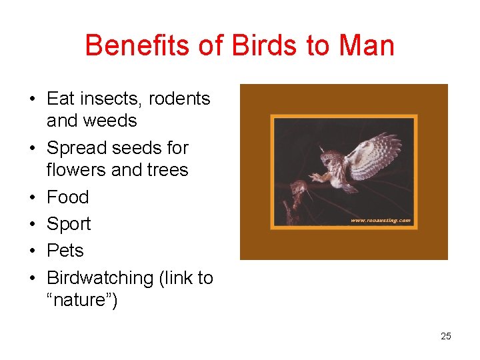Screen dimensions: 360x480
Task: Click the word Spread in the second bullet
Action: [x=77, y=148]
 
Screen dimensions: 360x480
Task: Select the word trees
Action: [x=165, y=170]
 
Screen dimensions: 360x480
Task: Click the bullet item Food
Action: [x=67, y=197]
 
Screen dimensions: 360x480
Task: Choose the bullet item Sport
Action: [x=69, y=224]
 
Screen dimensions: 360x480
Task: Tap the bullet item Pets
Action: [x=65, y=251]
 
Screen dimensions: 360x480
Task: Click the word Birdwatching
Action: [x=100, y=278]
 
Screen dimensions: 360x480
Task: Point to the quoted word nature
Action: [x=82, y=301]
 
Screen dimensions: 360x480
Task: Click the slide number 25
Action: [x=446, y=336]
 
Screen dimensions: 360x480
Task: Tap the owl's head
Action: [x=330, y=159]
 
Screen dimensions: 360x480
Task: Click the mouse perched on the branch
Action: [x=297, y=190]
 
